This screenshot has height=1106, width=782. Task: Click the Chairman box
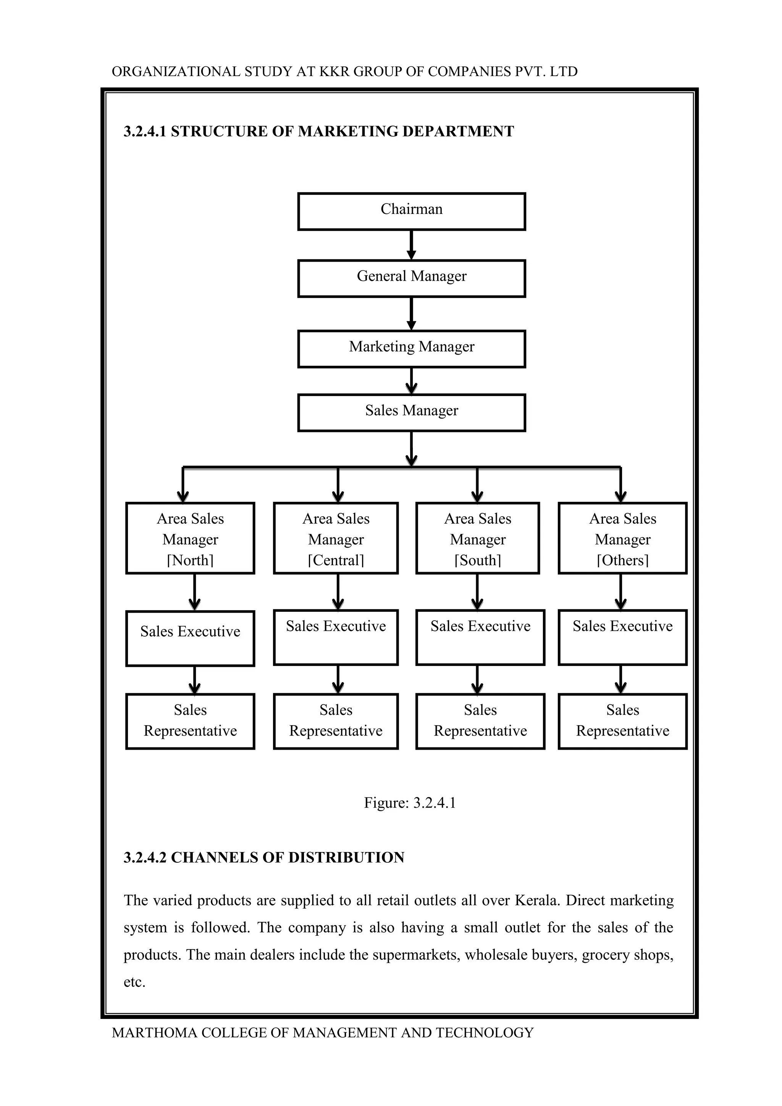click(x=411, y=212)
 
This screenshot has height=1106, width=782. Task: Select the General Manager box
click(x=411, y=278)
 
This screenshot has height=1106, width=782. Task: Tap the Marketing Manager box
click(x=411, y=349)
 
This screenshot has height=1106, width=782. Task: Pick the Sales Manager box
click(x=411, y=413)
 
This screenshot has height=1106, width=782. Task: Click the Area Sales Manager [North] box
click(x=190, y=538)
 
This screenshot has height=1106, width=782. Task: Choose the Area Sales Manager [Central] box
click(x=336, y=538)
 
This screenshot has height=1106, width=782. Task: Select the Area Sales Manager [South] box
click(x=478, y=538)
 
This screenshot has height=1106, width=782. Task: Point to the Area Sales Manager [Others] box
click(x=623, y=538)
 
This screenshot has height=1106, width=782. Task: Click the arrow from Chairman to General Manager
click(x=411, y=245)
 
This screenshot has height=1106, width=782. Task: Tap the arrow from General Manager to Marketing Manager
click(x=411, y=313)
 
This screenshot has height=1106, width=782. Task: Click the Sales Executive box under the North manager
click(x=190, y=638)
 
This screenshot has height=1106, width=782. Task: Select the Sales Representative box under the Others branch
click(x=623, y=721)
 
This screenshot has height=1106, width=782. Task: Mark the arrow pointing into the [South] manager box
click(x=477, y=485)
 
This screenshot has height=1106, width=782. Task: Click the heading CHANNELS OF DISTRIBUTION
click(x=288, y=858)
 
